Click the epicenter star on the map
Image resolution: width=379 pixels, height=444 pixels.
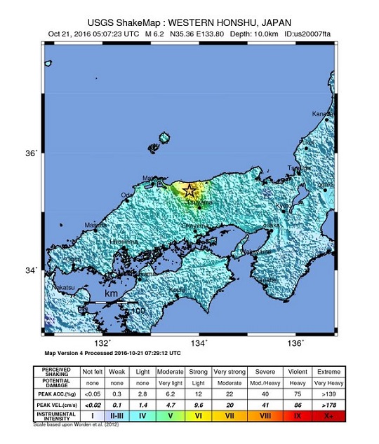coord(190,190)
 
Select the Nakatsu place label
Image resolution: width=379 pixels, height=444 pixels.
coord(63,287)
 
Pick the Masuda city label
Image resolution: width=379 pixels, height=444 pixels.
coord(95,225)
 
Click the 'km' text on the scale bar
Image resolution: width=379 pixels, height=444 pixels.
coord(111,296)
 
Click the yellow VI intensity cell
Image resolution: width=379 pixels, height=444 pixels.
coord(198,415)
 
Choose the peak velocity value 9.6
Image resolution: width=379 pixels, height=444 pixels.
coord(198,404)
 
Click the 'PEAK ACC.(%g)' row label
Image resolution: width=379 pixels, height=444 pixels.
coord(56,394)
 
